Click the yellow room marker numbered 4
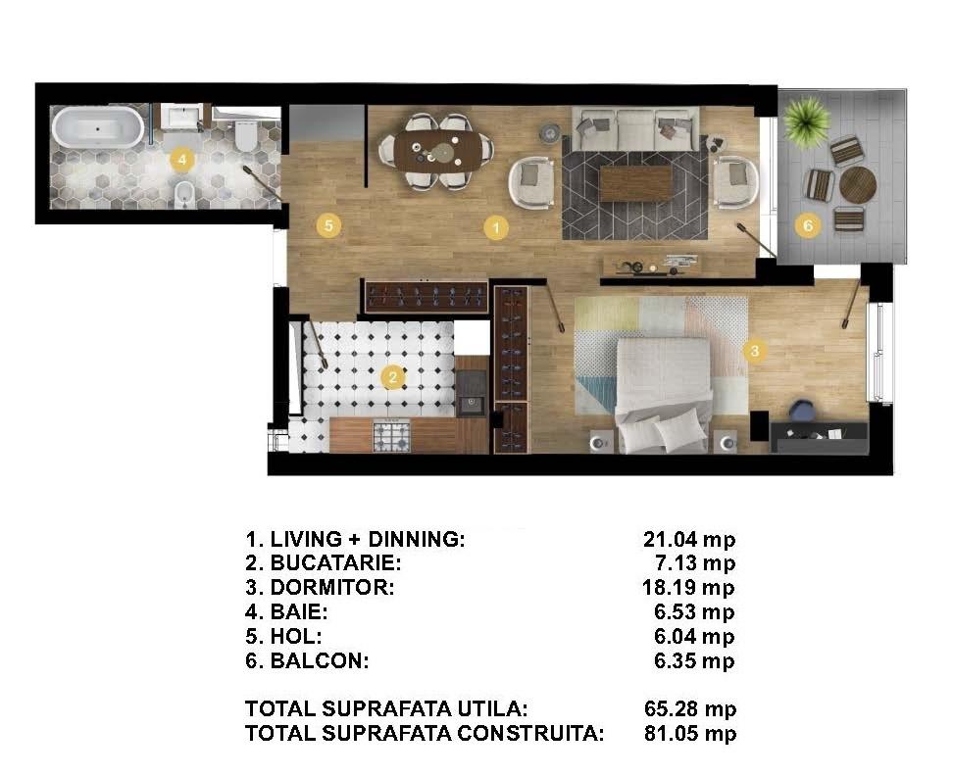(x=182, y=161)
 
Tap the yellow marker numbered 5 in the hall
(x=328, y=226)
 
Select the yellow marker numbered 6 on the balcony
(x=808, y=226)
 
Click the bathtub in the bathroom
(x=98, y=127)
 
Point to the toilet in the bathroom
(x=247, y=136)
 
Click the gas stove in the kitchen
(x=392, y=436)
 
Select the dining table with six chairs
(x=435, y=151)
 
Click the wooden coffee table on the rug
(x=635, y=183)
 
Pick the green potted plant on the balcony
(x=807, y=121)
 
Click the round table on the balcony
(x=858, y=184)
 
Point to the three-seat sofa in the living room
(x=635, y=128)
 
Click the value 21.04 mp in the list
(x=689, y=539)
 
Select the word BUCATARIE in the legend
(x=335, y=563)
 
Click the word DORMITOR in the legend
(x=332, y=588)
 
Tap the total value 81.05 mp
(x=690, y=733)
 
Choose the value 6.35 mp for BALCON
(x=694, y=660)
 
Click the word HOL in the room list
(x=296, y=636)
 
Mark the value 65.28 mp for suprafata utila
(x=690, y=709)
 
